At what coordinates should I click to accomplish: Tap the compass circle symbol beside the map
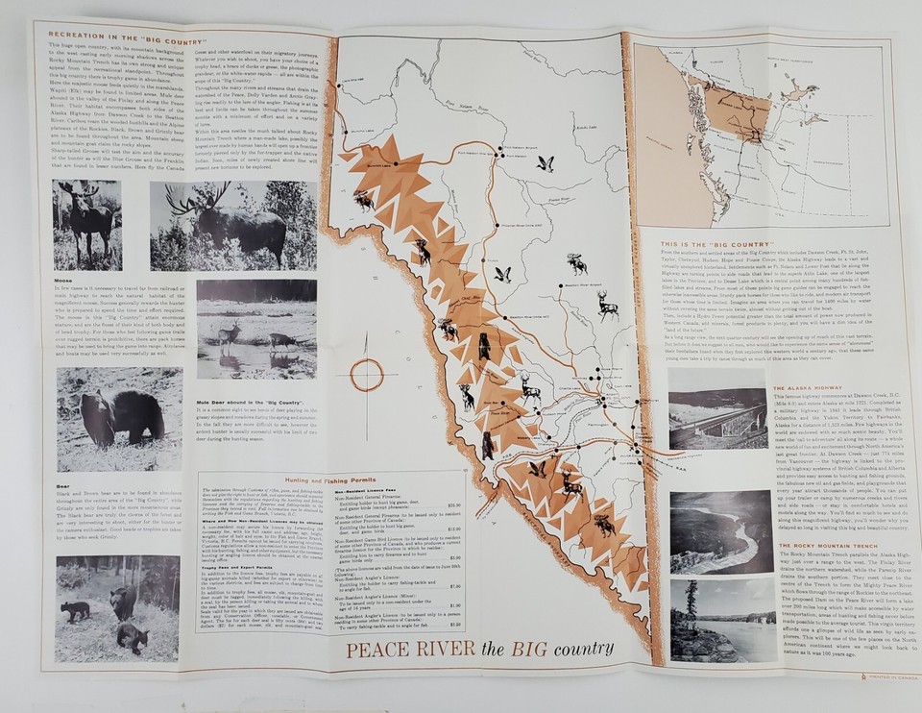(366, 374)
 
